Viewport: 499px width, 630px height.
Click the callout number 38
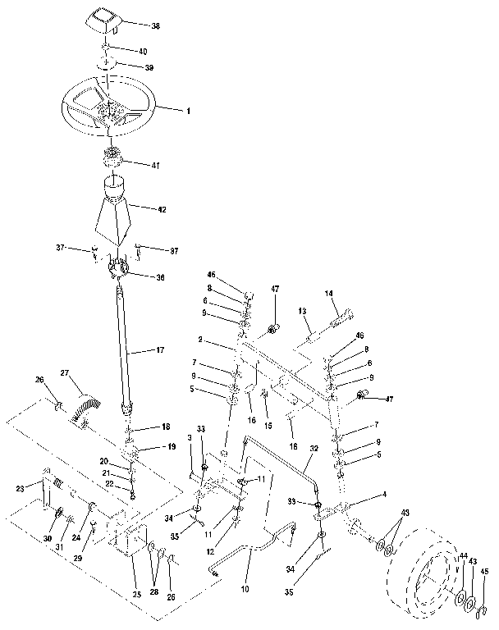pos(156,26)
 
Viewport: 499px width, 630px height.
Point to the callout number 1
pos(188,110)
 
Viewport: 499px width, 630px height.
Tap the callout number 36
pos(159,277)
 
